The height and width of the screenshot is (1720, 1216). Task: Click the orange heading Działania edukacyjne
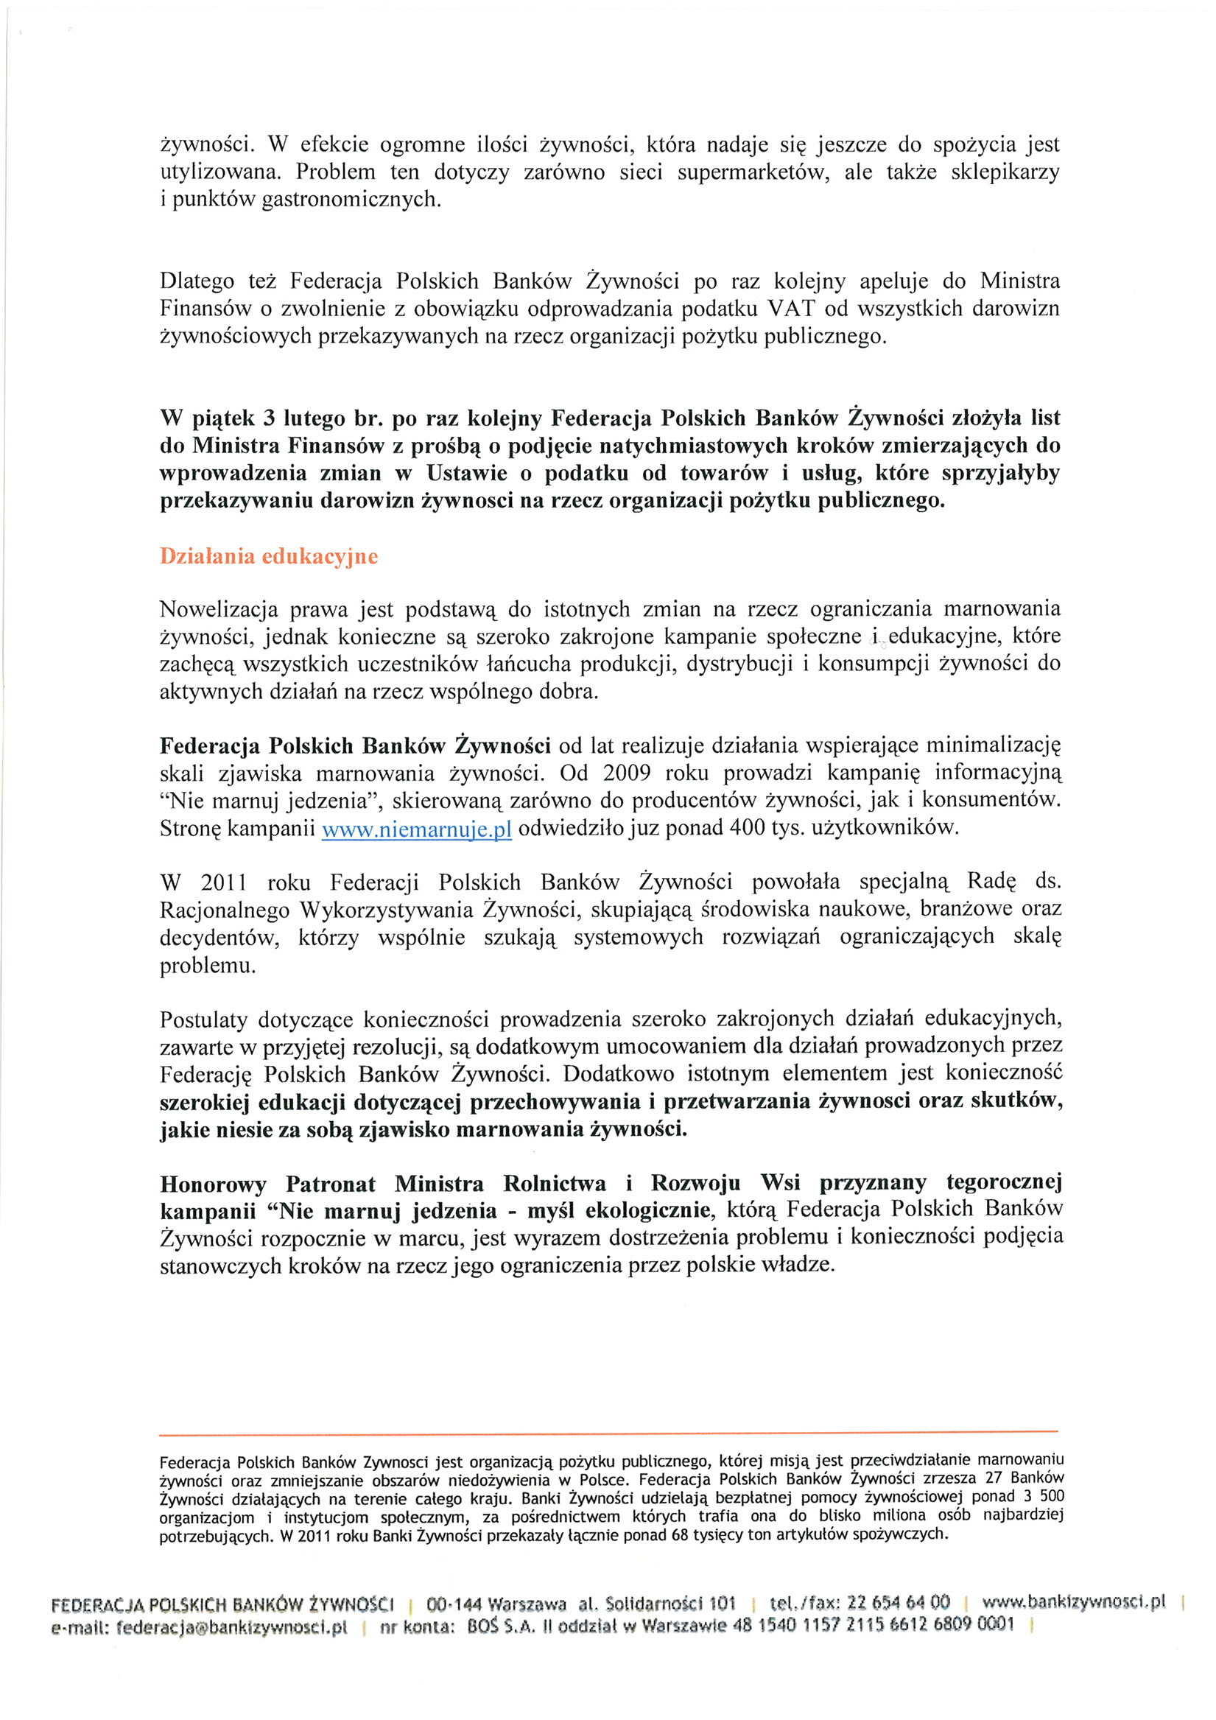pos(268,557)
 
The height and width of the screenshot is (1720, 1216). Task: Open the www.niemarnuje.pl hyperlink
pos(417,829)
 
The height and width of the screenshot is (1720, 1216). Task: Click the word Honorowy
pos(213,1184)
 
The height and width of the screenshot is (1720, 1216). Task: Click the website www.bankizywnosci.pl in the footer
pos(1074,1602)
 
